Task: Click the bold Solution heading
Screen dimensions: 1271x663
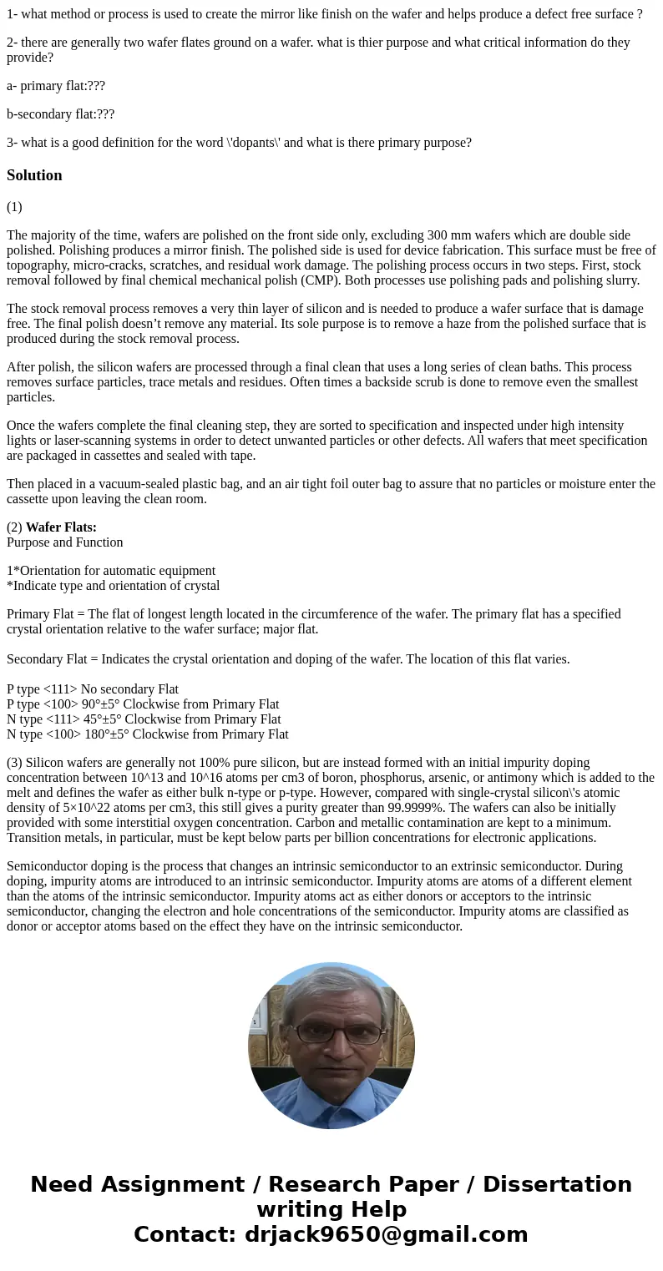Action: point(34,175)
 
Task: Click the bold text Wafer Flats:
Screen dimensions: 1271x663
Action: point(61,527)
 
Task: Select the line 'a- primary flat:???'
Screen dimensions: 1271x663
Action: point(56,86)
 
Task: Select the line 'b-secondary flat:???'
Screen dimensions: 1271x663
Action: point(60,114)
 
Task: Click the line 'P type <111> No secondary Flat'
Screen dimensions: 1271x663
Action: point(93,689)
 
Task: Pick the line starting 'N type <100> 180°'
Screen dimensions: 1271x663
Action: point(148,734)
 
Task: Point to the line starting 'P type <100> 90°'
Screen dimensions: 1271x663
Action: point(143,704)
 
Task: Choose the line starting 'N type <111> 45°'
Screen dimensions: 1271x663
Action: point(144,719)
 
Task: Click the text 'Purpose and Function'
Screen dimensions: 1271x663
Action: point(65,542)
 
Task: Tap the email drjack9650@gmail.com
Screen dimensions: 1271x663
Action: point(386,1234)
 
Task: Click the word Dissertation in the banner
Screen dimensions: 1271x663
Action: point(557,1185)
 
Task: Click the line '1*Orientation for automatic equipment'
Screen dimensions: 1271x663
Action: point(111,571)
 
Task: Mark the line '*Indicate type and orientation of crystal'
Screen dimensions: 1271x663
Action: point(114,586)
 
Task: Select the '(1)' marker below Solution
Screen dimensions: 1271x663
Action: point(14,207)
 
